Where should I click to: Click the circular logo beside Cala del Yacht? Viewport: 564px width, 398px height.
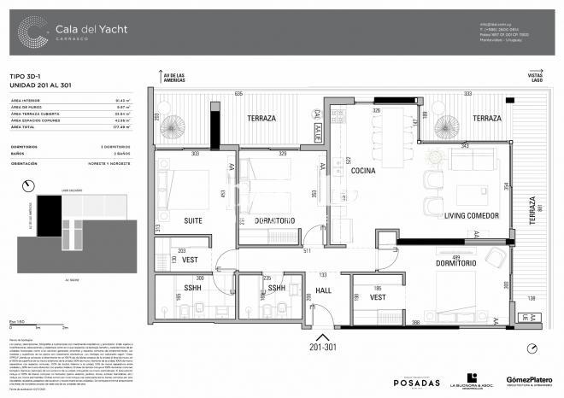(33, 33)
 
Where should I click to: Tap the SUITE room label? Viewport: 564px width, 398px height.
(194, 220)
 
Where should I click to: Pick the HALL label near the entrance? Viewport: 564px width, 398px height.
(323, 290)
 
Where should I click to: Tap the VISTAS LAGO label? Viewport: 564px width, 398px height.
(533, 79)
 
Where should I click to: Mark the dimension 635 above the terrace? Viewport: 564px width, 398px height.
(239, 94)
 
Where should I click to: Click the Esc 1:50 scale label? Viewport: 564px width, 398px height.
(15, 319)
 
